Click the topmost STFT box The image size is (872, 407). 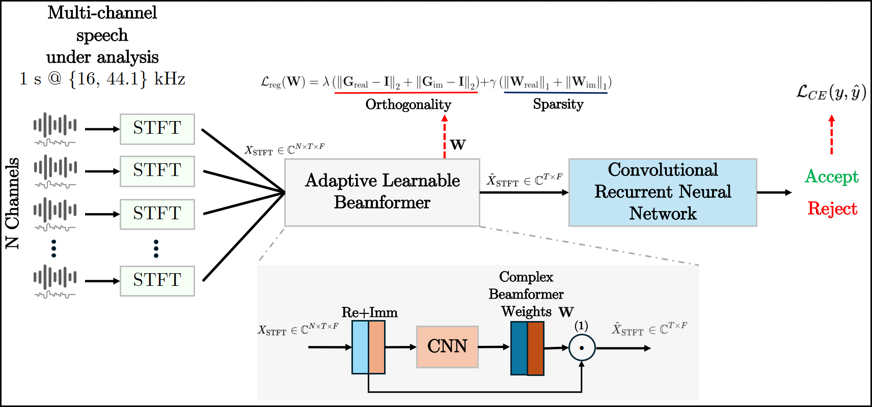pos(157,129)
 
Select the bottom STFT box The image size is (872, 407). pos(157,281)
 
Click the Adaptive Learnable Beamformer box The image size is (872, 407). pos(383,192)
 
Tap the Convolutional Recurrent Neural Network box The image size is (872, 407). pos(663,192)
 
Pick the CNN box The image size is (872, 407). pos(447,347)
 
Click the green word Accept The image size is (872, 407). pos(832,177)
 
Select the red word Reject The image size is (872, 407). pos(832,209)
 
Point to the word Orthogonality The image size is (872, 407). pos(408,105)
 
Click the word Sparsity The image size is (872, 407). pos(558,104)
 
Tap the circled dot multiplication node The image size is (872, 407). pos(582,347)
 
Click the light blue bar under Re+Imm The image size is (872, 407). pos(360,347)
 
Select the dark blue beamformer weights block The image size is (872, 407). pos(519,348)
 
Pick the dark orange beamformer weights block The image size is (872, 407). pos(536,348)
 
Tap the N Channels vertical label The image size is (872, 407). pos(12,203)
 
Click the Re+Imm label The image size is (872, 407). pos(369,312)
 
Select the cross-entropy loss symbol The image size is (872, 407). pos(831,93)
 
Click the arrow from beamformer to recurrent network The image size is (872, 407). pos(524,192)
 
